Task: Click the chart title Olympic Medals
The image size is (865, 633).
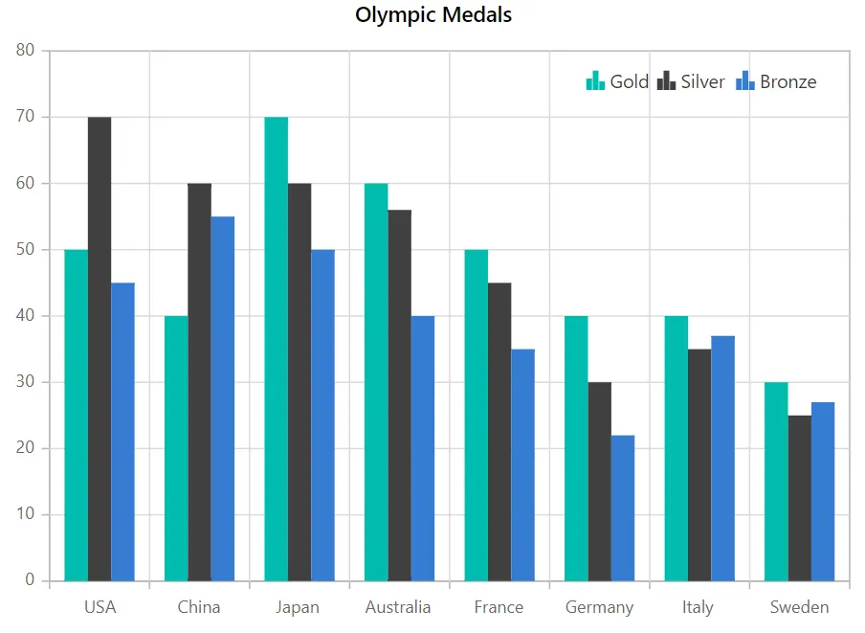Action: point(433,15)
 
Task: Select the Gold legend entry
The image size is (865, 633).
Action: point(617,81)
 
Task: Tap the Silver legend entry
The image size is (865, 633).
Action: point(691,81)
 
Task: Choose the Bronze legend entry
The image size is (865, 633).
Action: point(776,81)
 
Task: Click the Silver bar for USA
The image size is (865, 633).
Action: point(100,349)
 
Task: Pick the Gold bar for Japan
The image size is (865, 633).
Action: point(277,349)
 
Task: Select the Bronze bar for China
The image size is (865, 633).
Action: point(223,398)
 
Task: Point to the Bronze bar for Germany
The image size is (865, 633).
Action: point(623,509)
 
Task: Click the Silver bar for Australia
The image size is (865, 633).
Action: point(399,396)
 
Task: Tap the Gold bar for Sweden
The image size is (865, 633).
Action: point(776,482)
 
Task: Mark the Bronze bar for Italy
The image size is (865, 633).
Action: point(722,459)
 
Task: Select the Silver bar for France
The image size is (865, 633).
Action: point(499,432)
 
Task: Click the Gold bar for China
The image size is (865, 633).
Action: point(176,448)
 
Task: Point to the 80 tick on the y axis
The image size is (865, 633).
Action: point(26,50)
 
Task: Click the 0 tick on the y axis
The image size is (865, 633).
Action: point(30,580)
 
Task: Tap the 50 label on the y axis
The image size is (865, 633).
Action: point(26,249)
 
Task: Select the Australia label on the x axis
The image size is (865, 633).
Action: point(398,607)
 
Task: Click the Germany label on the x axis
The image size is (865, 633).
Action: point(599,607)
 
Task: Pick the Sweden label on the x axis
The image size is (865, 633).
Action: point(799,607)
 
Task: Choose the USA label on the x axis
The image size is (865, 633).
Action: point(100,607)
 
